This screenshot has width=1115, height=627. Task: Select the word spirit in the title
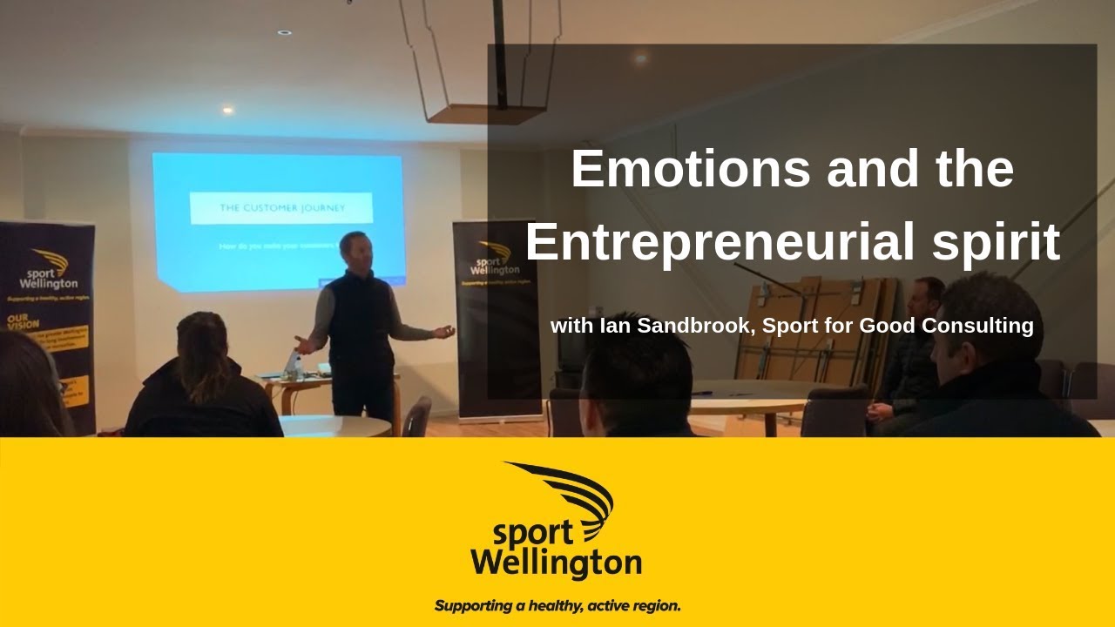(996, 244)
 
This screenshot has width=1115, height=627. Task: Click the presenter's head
(355, 252)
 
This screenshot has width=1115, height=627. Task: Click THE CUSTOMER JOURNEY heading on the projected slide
(281, 208)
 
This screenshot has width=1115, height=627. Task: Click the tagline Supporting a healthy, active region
(557, 605)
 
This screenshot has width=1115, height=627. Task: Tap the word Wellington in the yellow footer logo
(556, 563)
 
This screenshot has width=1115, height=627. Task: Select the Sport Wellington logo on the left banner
(49, 270)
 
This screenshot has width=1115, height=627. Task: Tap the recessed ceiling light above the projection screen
(227, 111)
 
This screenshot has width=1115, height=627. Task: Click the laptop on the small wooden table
(293, 363)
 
